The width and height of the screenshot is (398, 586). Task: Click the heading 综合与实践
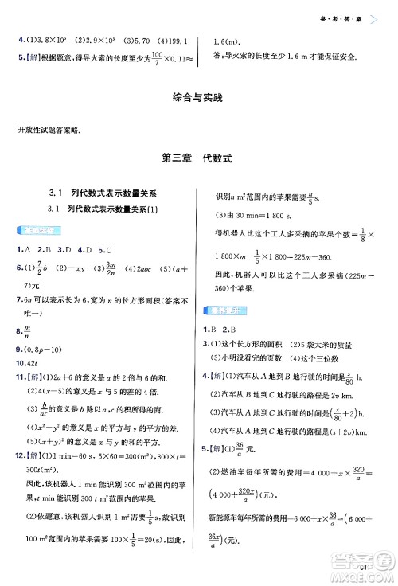pos(198,99)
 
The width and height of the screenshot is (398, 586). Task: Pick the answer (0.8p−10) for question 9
pos(42,348)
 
